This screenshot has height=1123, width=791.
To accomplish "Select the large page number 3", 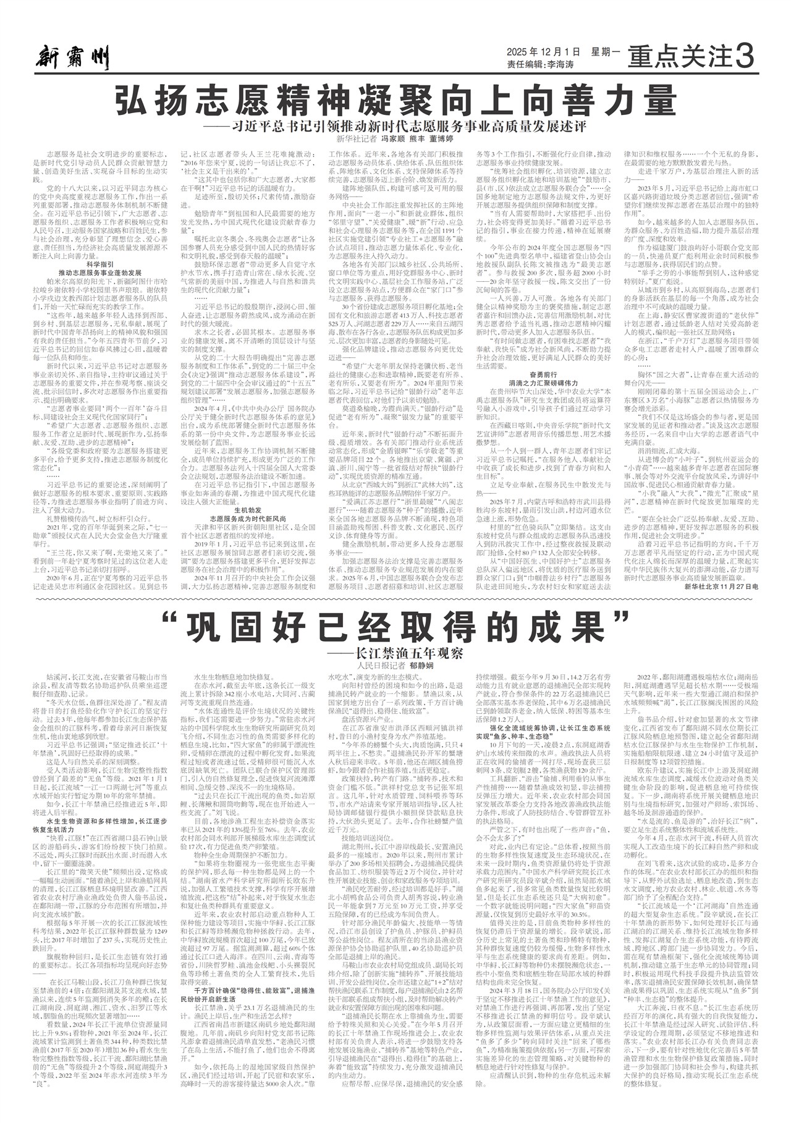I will [745, 58].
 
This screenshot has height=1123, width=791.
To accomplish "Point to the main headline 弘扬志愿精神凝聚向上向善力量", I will [395, 99].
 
